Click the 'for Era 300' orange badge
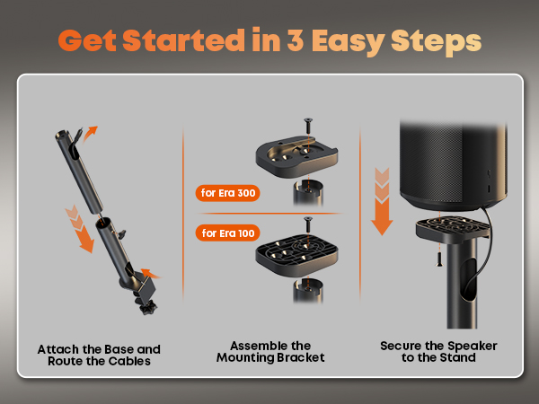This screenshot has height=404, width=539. (227, 193)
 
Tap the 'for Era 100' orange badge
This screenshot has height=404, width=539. (227, 233)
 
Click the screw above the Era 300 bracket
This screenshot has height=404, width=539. (308, 126)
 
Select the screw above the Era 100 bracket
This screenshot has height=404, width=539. (308, 224)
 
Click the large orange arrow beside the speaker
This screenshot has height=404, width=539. (382, 202)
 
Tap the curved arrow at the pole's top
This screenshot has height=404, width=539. (90, 133)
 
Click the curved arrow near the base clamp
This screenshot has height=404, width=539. (151, 274)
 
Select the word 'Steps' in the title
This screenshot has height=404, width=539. (436, 42)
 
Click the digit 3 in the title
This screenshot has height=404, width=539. (296, 40)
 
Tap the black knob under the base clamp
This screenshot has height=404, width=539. (148, 307)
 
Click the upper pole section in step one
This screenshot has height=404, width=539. (79, 171)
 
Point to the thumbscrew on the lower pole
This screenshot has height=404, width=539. (121, 234)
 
